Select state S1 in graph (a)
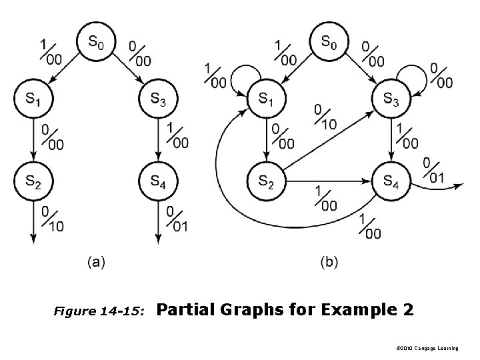tap(31, 100)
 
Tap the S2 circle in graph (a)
tap(31, 180)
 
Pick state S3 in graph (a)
tap(157, 100)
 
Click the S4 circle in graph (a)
tap(157, 180)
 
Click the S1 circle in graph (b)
tap(265, 100)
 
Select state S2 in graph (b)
tap(265, 180)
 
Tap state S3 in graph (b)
tap(391, 100)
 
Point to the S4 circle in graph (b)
tap(391, 180)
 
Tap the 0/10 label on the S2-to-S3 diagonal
tap(325, 117)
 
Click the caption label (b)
tap(328, 263)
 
